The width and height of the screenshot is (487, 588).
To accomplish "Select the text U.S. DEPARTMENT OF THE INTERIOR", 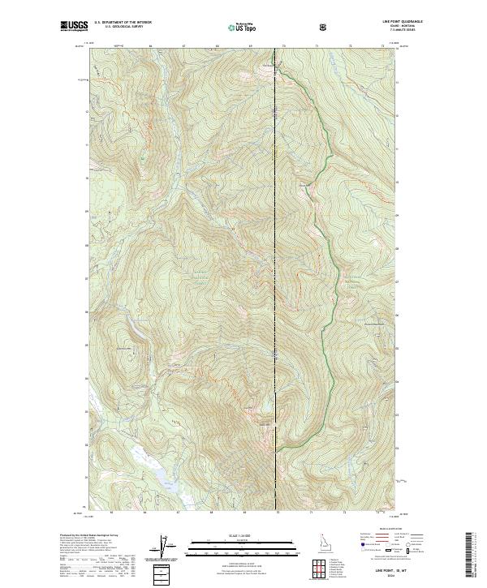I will click(x=123, y=24).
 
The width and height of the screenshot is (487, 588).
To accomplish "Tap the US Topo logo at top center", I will click(x=243, y=26).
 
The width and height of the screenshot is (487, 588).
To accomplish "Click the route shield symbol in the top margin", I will click(x=323, y=26).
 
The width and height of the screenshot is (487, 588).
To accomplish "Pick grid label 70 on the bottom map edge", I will click(x=277, y=513).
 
